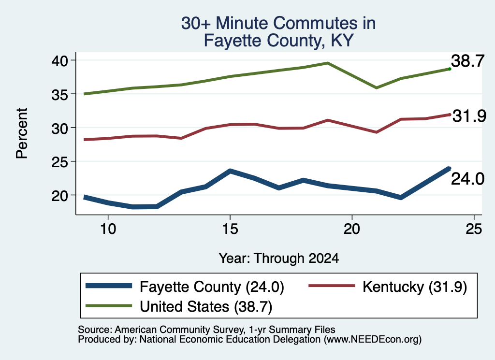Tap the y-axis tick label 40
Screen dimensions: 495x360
point(59,60)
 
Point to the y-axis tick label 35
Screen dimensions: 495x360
point(59,94)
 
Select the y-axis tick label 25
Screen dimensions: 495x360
point(59,162)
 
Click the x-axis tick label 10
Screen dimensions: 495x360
point(108,229)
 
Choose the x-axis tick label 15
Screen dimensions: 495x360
point(230,229)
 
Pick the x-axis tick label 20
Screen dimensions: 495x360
point(352,229)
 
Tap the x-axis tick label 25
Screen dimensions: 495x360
point(474,229)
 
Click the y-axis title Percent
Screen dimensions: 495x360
point(22,133)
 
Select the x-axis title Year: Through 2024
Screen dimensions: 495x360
point(279,258)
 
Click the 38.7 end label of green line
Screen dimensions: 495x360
point(467,61)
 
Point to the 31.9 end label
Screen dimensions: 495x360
point(469,116)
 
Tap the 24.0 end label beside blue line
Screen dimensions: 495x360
point(467,179)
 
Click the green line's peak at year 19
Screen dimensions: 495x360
point(328,63)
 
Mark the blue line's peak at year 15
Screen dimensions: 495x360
point(230,171)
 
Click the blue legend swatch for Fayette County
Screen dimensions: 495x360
point(109,286)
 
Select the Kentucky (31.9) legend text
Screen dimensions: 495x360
point(415,287)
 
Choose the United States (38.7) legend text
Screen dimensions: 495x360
point(206,307)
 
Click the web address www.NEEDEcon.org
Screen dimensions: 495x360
point(372,340)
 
